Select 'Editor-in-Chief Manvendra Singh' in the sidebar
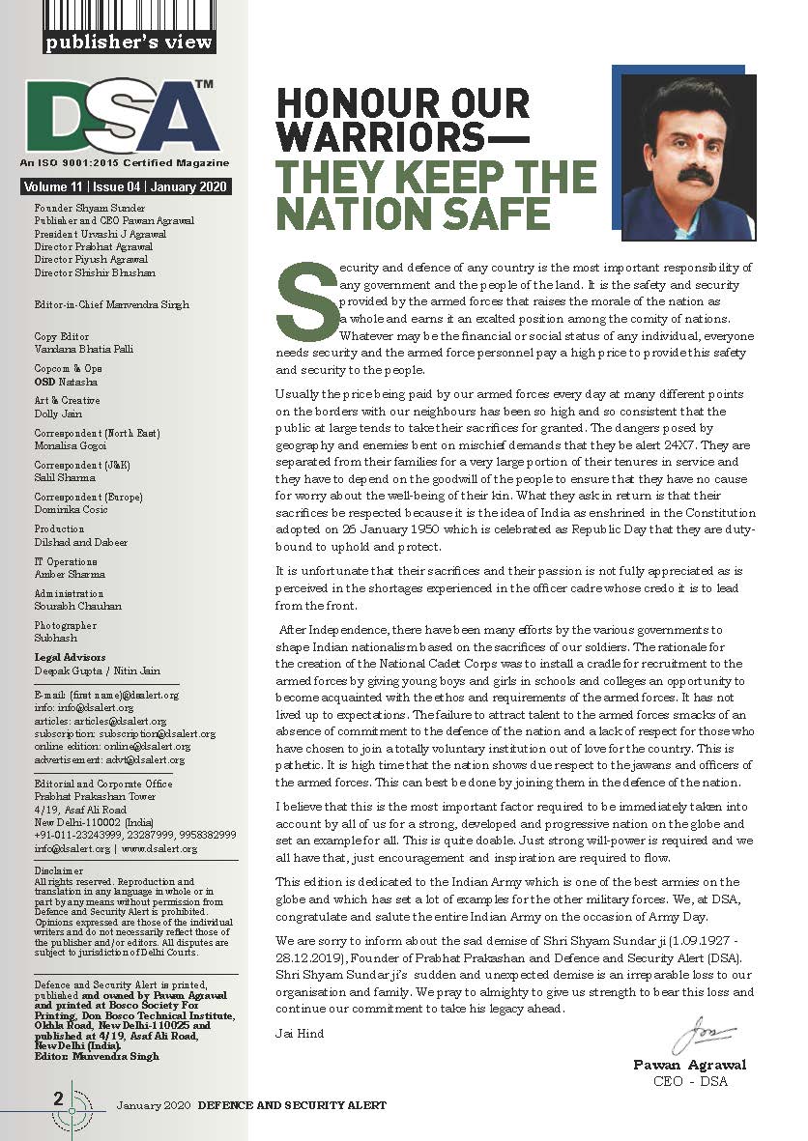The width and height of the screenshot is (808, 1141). coord(111,304)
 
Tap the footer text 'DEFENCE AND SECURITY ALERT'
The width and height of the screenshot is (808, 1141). coord(292,1104)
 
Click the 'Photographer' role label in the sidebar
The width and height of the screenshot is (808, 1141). coord(65,625)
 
